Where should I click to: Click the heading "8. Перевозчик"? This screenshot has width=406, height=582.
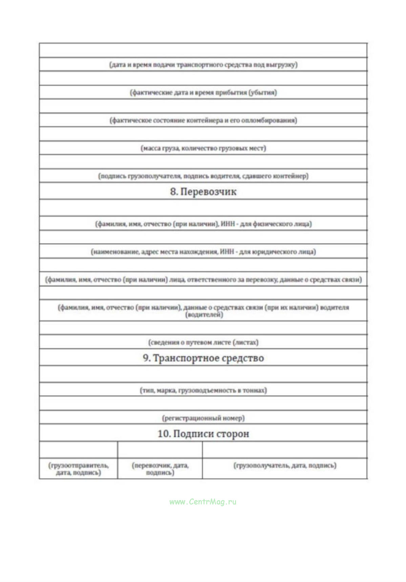pos(203,192)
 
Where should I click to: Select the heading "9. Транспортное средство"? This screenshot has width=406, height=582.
pos(203,358)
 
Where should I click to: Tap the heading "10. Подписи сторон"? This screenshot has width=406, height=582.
pos(203,434)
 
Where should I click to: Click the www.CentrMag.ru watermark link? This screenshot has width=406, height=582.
pos(203,502)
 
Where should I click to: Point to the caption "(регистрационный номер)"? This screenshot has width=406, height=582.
pos(203,418)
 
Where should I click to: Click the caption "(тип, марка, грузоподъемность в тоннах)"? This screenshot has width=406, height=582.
pos(203,390)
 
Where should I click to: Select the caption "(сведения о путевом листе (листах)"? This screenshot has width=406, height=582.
pos(203,342)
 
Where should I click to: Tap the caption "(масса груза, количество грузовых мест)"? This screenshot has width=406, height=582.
pos(203,148)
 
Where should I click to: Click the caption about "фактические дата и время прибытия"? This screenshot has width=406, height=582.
pos(203,92)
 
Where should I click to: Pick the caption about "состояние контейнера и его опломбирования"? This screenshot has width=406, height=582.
pos(203,120)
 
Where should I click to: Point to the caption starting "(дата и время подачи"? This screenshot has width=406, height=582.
pos(203,65)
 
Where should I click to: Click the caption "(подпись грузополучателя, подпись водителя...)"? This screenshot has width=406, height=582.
pos(203,176)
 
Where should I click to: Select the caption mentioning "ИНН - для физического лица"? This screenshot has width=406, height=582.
pos(203,224)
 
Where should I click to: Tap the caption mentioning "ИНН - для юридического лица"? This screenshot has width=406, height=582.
pos(203,252)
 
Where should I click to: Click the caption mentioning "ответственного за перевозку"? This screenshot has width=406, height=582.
pos(203,279)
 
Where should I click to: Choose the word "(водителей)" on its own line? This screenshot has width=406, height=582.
pos(204,315)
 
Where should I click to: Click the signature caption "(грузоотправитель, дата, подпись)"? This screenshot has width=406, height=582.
pos(79,469)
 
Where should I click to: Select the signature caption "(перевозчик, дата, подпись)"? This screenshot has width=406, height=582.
pos(160,469)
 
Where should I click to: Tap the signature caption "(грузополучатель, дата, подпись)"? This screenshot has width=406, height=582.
pos(285,466)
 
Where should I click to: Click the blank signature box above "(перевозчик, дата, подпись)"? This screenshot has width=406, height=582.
pos(160,450)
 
